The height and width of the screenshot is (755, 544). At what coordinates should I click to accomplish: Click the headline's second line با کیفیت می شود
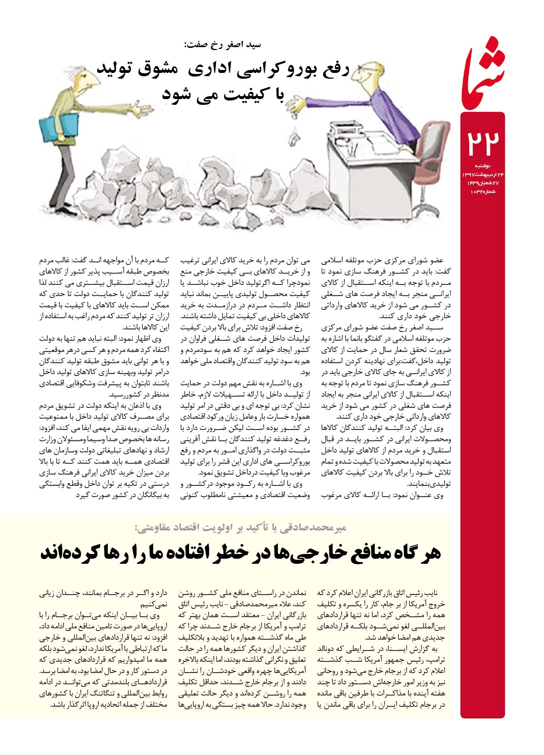coord(223,94)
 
